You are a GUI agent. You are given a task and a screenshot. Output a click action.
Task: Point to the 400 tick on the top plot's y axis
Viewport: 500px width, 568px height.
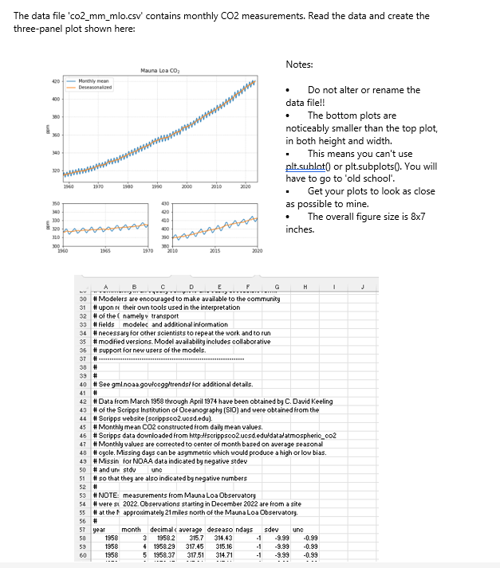(57, 100)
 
